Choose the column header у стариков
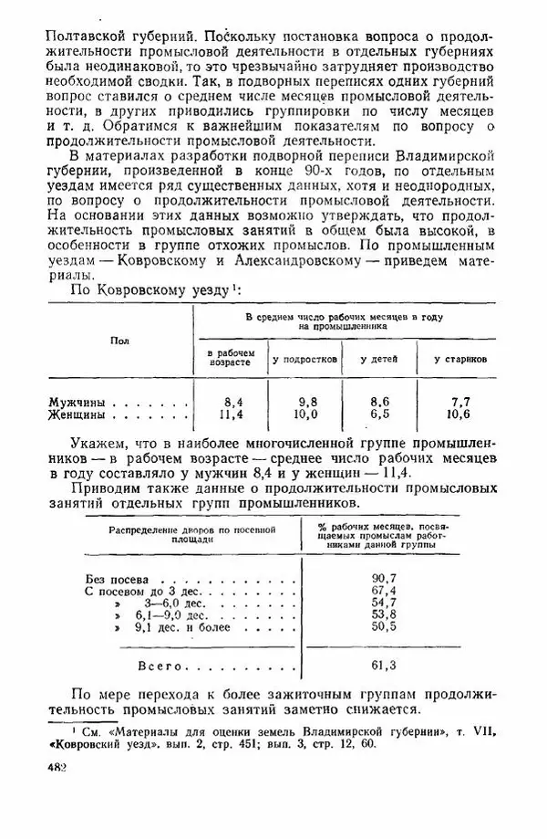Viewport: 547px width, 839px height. tap(459, 359)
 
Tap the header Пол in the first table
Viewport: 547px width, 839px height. tap(119, 341)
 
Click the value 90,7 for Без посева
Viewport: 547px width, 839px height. tap(385, 579)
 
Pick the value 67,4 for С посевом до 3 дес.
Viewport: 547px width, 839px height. tap(385, 592)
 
